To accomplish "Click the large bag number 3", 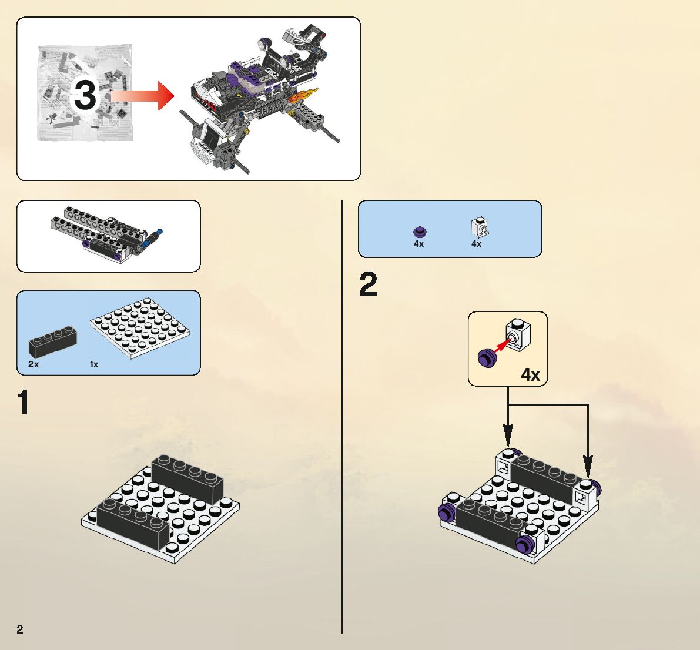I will click(x=85, y=95).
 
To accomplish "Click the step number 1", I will click(x=24, y=403).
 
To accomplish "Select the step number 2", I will click(x=369, y=285).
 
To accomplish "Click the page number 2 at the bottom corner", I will click(x=20, y=629).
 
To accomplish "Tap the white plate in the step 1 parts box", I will click(x=140, y=327).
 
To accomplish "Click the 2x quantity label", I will click(x=34, y=364).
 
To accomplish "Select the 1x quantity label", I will click(x=94, y=364).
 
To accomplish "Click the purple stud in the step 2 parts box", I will click(x=419, y=231).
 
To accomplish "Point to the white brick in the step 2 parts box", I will click(x=480, y=227).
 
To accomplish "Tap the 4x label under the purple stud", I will click(x=418, y=243).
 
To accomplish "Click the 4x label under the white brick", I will click(x=476, y=243).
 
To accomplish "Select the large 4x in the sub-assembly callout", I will click(x=530, y=374).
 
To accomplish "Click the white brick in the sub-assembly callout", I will click(x=518, y=334).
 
